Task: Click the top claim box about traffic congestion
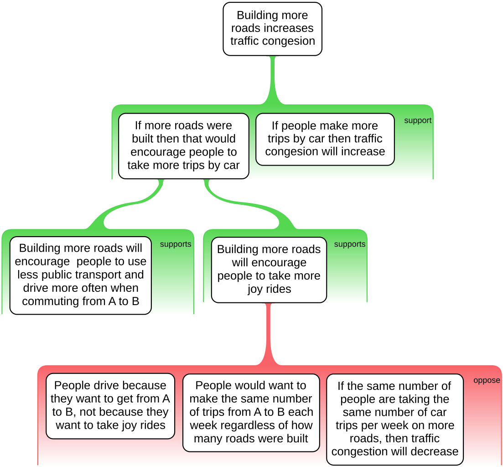click(272, 29)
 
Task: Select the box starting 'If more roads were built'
click(183, 145)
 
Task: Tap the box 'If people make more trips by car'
click(325, 139)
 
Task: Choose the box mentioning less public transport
click(80, 275)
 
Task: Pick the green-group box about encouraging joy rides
click(269, 269)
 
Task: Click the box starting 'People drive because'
click(110, 405)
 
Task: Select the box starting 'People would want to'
click(251, 412)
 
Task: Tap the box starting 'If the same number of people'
click(394, 419)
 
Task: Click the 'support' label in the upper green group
click(417, 121)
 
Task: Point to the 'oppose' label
click(487, 380)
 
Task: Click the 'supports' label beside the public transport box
click(175, 244)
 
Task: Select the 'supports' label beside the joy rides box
click(349, 244)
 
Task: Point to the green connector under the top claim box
click(273, 80)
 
